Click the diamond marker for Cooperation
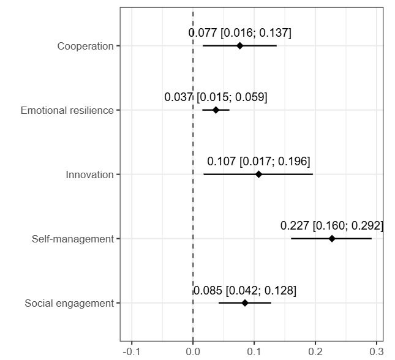tap(240, 46)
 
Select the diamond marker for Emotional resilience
tap(216, 110)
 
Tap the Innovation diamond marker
tap(258, 174)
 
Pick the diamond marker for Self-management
tap(332, 239)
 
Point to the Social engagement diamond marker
tap(245, 303)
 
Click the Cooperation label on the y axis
tap(85, 46)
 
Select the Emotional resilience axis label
tap(67, 110)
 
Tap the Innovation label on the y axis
tap(89, 174)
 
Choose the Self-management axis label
tap(73, 239)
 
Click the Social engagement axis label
tap(69, 303)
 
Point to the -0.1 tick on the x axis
tap(131, 351)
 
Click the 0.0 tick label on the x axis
tap(193, 351)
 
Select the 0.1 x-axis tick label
tap(254, 351)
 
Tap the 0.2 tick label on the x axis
tap(315, 351)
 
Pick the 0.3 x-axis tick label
tap(376, 351)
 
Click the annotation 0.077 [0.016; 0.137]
tap(240, 33)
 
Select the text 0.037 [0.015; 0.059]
tap(216, 97)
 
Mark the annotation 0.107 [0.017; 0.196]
tap(258, 162)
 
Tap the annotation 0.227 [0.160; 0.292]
tap(332, 226)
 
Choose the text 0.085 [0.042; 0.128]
tap(245, 290)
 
